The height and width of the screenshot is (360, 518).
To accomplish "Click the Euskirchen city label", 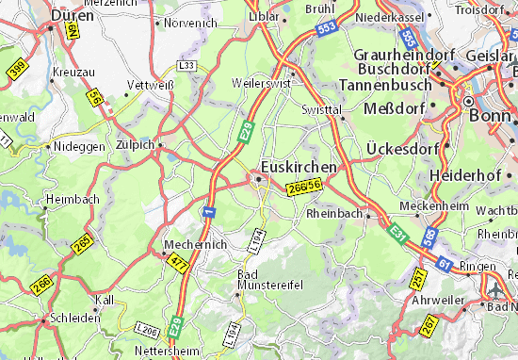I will pos(299,166).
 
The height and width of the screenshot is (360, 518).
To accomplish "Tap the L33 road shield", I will pos(188,66).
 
